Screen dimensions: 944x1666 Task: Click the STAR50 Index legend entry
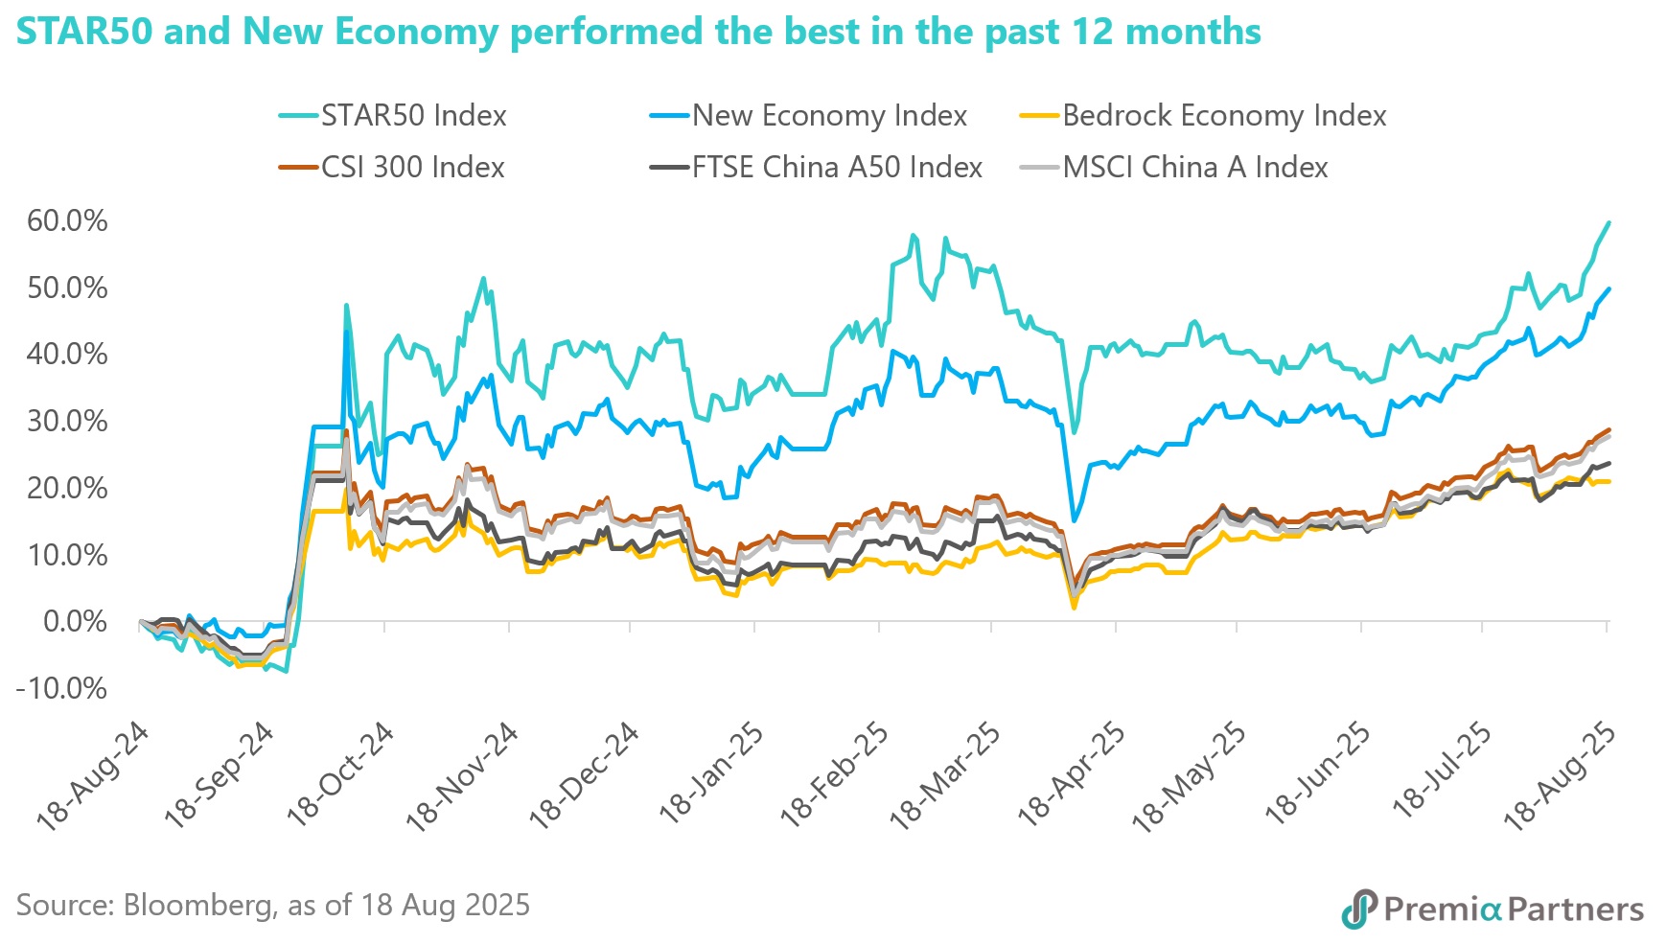pos(412,116)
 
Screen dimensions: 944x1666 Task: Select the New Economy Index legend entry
pos(829,116)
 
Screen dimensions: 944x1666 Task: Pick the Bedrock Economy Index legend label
pos(1224,116)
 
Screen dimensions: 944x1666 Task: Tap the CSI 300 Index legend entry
pos(412,168)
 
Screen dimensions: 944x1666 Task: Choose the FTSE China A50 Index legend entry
pos(837,168)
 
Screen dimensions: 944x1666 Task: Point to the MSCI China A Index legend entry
pos(1195,168)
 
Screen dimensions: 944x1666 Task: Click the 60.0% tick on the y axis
pos(67,220)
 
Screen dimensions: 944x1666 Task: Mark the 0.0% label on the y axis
pos(75,621)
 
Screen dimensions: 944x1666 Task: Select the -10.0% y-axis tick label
pos(61,688)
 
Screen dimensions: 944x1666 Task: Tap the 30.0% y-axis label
pos(67,421)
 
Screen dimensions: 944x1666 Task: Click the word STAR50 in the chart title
pos(83,32)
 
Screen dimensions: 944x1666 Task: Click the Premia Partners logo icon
pos(1358,909)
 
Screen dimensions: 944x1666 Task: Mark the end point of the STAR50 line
pos(1608,222)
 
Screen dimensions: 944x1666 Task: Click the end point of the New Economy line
pos(1608,288)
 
